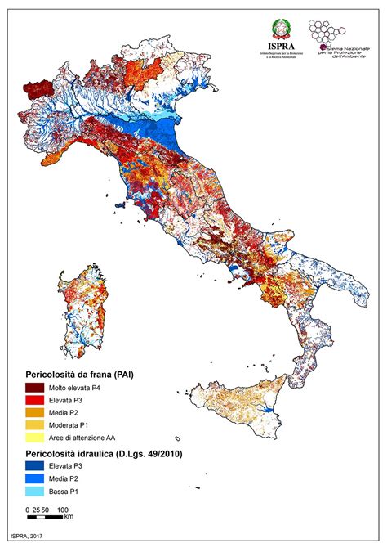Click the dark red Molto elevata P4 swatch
coord(35,387)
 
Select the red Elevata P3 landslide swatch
coord(35,400)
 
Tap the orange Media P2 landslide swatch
coord(35,413)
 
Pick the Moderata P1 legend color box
coord(35,425)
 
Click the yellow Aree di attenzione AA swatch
coord(35,438)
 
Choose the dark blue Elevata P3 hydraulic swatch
coord(35,465)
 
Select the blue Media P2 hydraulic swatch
coord(35,478)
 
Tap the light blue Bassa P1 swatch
coord(35,491)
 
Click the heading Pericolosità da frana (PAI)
coord(78,374)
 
